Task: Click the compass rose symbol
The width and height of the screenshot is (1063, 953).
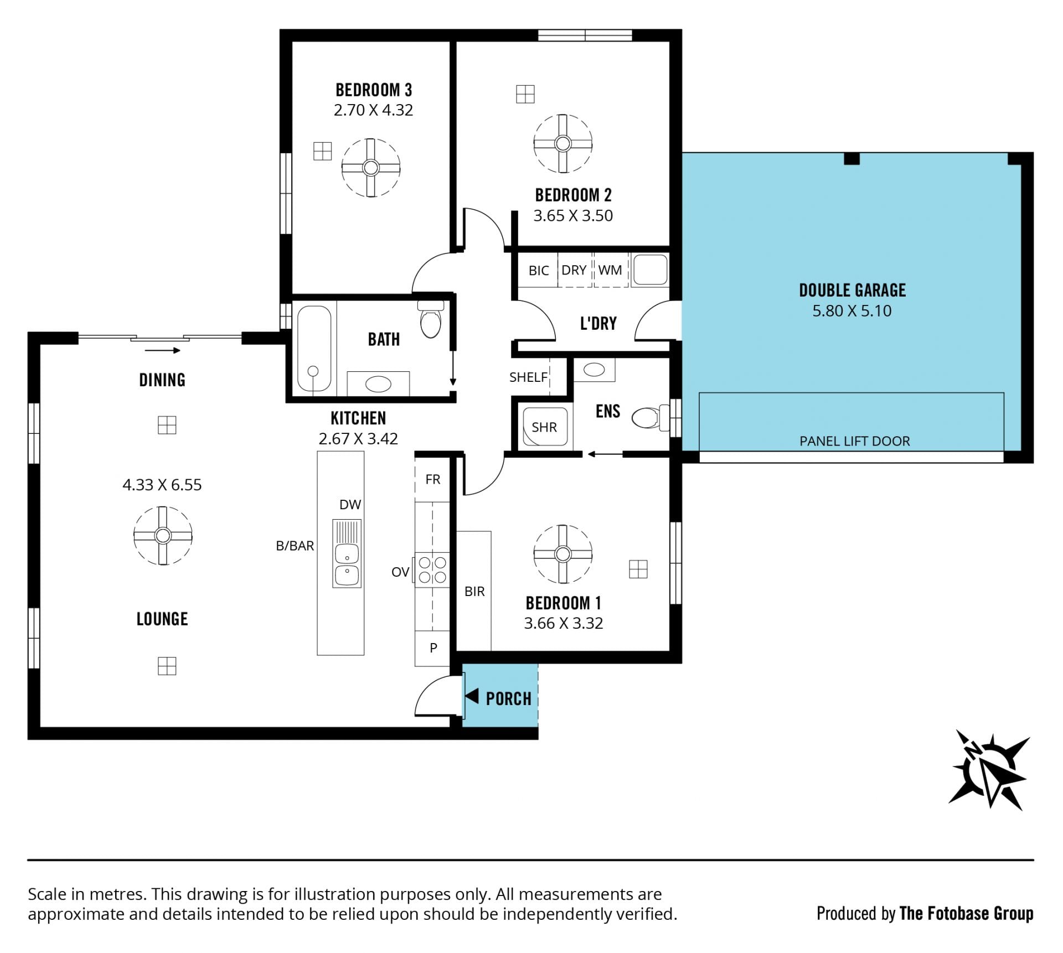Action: (x=989, y=770)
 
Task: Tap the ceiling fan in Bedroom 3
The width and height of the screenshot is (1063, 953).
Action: (x=370, y=167)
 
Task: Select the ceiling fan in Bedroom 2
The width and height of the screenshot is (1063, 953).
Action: (x=563, y=144)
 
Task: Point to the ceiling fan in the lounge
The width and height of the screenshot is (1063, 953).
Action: (x=163, y=535)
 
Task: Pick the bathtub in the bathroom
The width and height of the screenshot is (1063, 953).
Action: (x=314, y=349)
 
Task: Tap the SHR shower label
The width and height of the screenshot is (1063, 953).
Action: (x=544, y=427)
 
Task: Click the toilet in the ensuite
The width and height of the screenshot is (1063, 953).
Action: (x=650, y=417)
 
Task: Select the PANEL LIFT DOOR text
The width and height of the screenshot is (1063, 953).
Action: (x=854, y=441)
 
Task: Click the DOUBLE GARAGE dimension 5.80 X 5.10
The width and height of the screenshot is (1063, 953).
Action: (x=852, y=310)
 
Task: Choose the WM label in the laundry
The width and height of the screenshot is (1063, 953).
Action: (x=610, y=270)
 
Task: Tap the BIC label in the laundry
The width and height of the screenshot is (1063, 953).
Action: (x=539, y=271)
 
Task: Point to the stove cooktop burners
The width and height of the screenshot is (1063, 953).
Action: (x=432, y=570)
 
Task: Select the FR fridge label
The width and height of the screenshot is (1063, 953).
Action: (x=433, y=479)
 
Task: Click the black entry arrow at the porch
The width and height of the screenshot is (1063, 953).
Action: (x=472, y=696)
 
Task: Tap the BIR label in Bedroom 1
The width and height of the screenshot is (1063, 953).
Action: (x=474, y=592)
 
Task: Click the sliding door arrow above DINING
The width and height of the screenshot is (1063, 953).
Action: (x=163, y=350)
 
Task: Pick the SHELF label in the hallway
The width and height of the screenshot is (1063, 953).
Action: (x=528, y=377)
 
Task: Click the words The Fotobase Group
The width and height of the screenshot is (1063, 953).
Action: (x=967, y=914)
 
